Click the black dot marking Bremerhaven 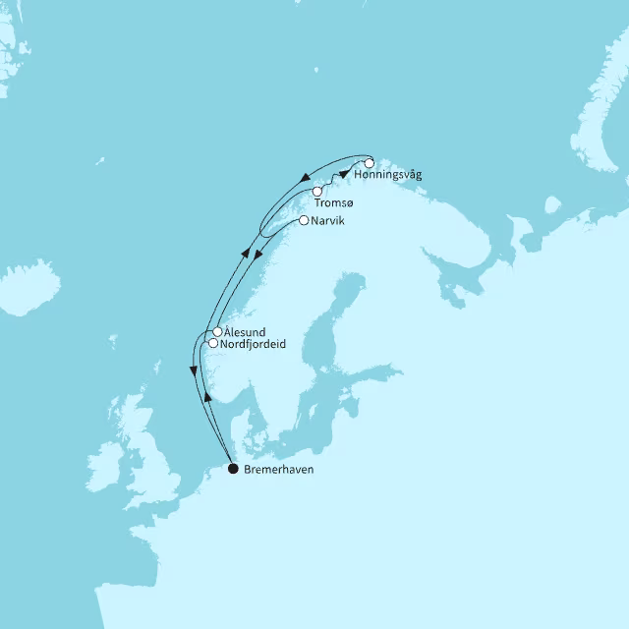[233, 469]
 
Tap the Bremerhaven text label [281, 470]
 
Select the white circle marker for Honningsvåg [370, 162]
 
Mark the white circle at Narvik [304, 220]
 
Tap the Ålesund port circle [217, 332]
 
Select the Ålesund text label [245, 333]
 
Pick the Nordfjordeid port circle [212, 343]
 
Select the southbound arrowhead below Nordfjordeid [191, 372]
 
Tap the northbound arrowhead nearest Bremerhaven [208, 397]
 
